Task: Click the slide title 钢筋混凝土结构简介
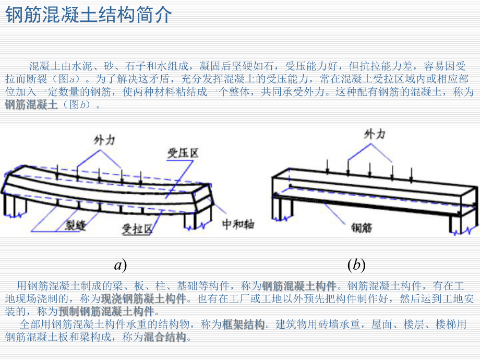88,15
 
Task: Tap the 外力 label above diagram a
104,140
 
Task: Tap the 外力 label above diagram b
374,135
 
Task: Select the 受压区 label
182,153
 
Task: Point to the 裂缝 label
75,226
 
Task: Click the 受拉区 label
137,229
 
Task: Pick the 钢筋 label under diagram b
362,228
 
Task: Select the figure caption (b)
356,265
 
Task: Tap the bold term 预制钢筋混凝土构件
106,311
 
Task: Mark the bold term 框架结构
243,325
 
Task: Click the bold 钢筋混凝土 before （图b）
31,104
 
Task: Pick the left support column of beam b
285,209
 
